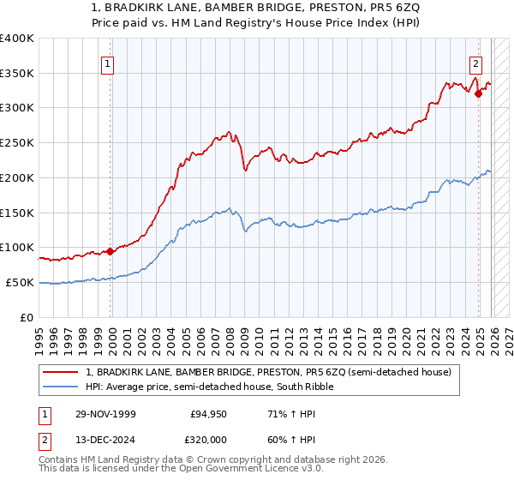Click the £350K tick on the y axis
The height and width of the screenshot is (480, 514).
pyautogui.click(x=17, y=74)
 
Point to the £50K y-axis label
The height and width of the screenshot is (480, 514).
pyautogui.click(x=21, y=282)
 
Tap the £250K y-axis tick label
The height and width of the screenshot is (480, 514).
pyautogui.click(x=17, y=143)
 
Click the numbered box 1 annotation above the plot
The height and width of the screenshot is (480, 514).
pyautogui.click(x=108, y=63)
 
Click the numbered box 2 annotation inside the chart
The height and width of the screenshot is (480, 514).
pyautogui.click(x=475, y=63)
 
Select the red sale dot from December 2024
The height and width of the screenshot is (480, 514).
pyautogui.click(x=479, y=94)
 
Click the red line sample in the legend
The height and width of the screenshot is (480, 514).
pyautogui.click(x=63, y=372)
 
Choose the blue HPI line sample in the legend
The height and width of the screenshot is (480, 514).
pyautogui.click(x=63, y=387)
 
